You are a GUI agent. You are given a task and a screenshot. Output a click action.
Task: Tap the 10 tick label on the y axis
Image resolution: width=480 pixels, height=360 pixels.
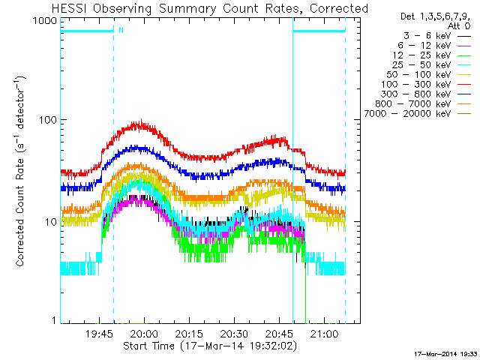49,222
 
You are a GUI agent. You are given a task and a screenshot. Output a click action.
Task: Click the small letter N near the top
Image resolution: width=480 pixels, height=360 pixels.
120,30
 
